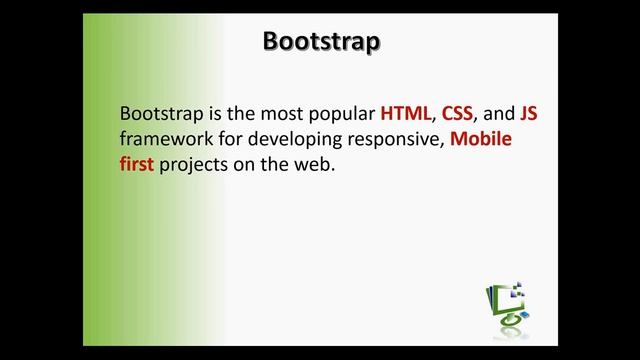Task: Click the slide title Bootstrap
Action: (x=321, y=42)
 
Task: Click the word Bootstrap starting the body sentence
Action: (x=158, y=113)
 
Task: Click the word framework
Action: (x=164, y=139)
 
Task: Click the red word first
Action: (x=136, y=164)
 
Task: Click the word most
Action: (x=275, y=113)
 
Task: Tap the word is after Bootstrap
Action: (x=210, y=113)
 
